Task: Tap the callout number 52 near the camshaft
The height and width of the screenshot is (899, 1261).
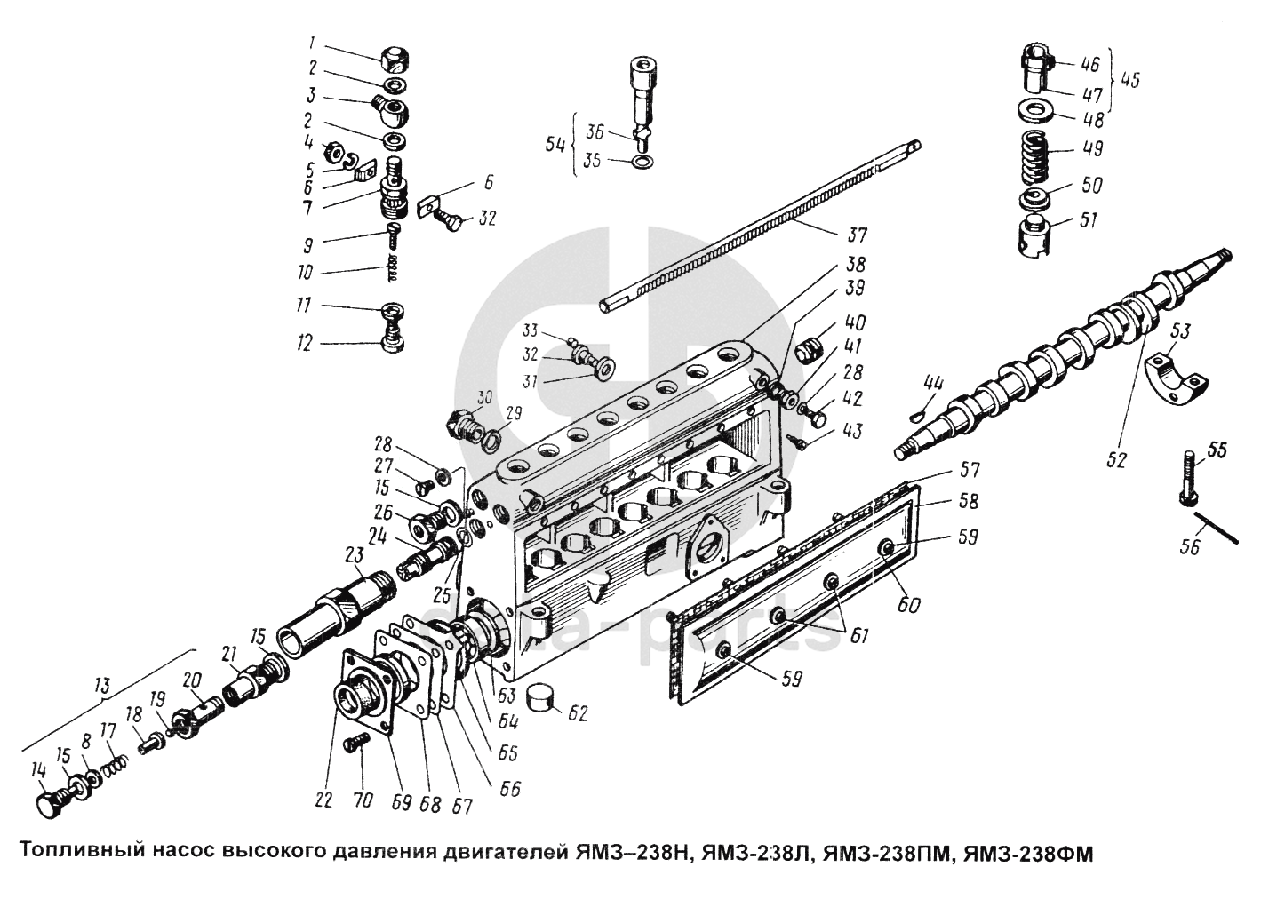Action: pyautogui.click(x=1116, y=460)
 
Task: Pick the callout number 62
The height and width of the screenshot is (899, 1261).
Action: pyautogui.click(x=579, y=712)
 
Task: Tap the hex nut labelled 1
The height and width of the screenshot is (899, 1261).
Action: pyautogui.click(x=394, y=60)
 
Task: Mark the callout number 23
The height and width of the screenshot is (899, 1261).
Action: pyautogui.click(x=354, y=555)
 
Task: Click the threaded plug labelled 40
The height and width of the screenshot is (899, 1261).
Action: pyautogui.click(x=807, y=349)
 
